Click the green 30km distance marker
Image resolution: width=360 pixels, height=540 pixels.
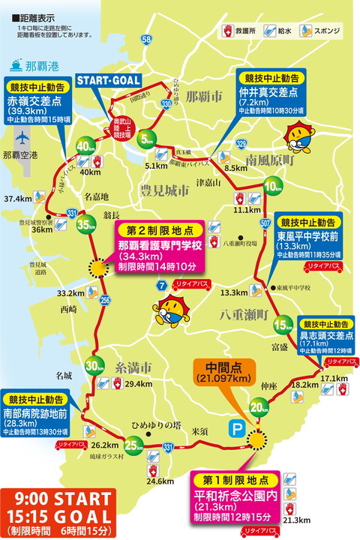[x=94, y=366]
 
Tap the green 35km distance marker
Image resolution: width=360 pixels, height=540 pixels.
[x=85, y=223]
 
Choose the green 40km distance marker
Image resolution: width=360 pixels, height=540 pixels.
[x=85, y=146]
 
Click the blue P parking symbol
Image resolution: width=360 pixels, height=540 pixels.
[x=235, y=427]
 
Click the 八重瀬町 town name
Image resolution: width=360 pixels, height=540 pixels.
[x=244, y=316]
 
